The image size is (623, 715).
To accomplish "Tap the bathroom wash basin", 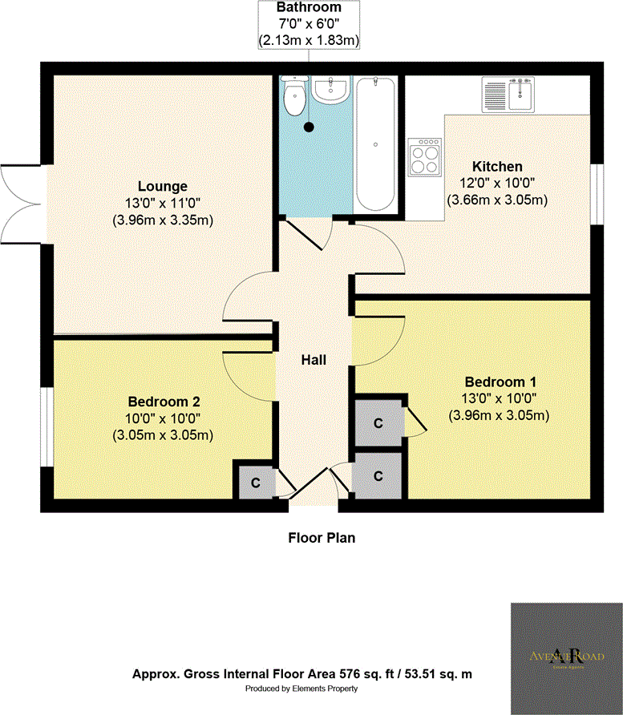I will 330,90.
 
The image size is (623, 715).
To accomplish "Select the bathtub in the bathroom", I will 376,144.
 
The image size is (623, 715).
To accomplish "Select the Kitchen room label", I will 496,167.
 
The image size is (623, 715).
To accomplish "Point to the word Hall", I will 314,361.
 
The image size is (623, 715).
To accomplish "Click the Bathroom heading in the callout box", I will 309,7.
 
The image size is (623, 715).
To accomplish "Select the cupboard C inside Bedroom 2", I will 255,483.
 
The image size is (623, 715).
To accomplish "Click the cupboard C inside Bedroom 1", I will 377,422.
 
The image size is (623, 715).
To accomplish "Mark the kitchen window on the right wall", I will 596,193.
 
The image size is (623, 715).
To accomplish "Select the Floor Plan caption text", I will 321,538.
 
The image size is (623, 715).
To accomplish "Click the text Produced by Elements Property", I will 301,689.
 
